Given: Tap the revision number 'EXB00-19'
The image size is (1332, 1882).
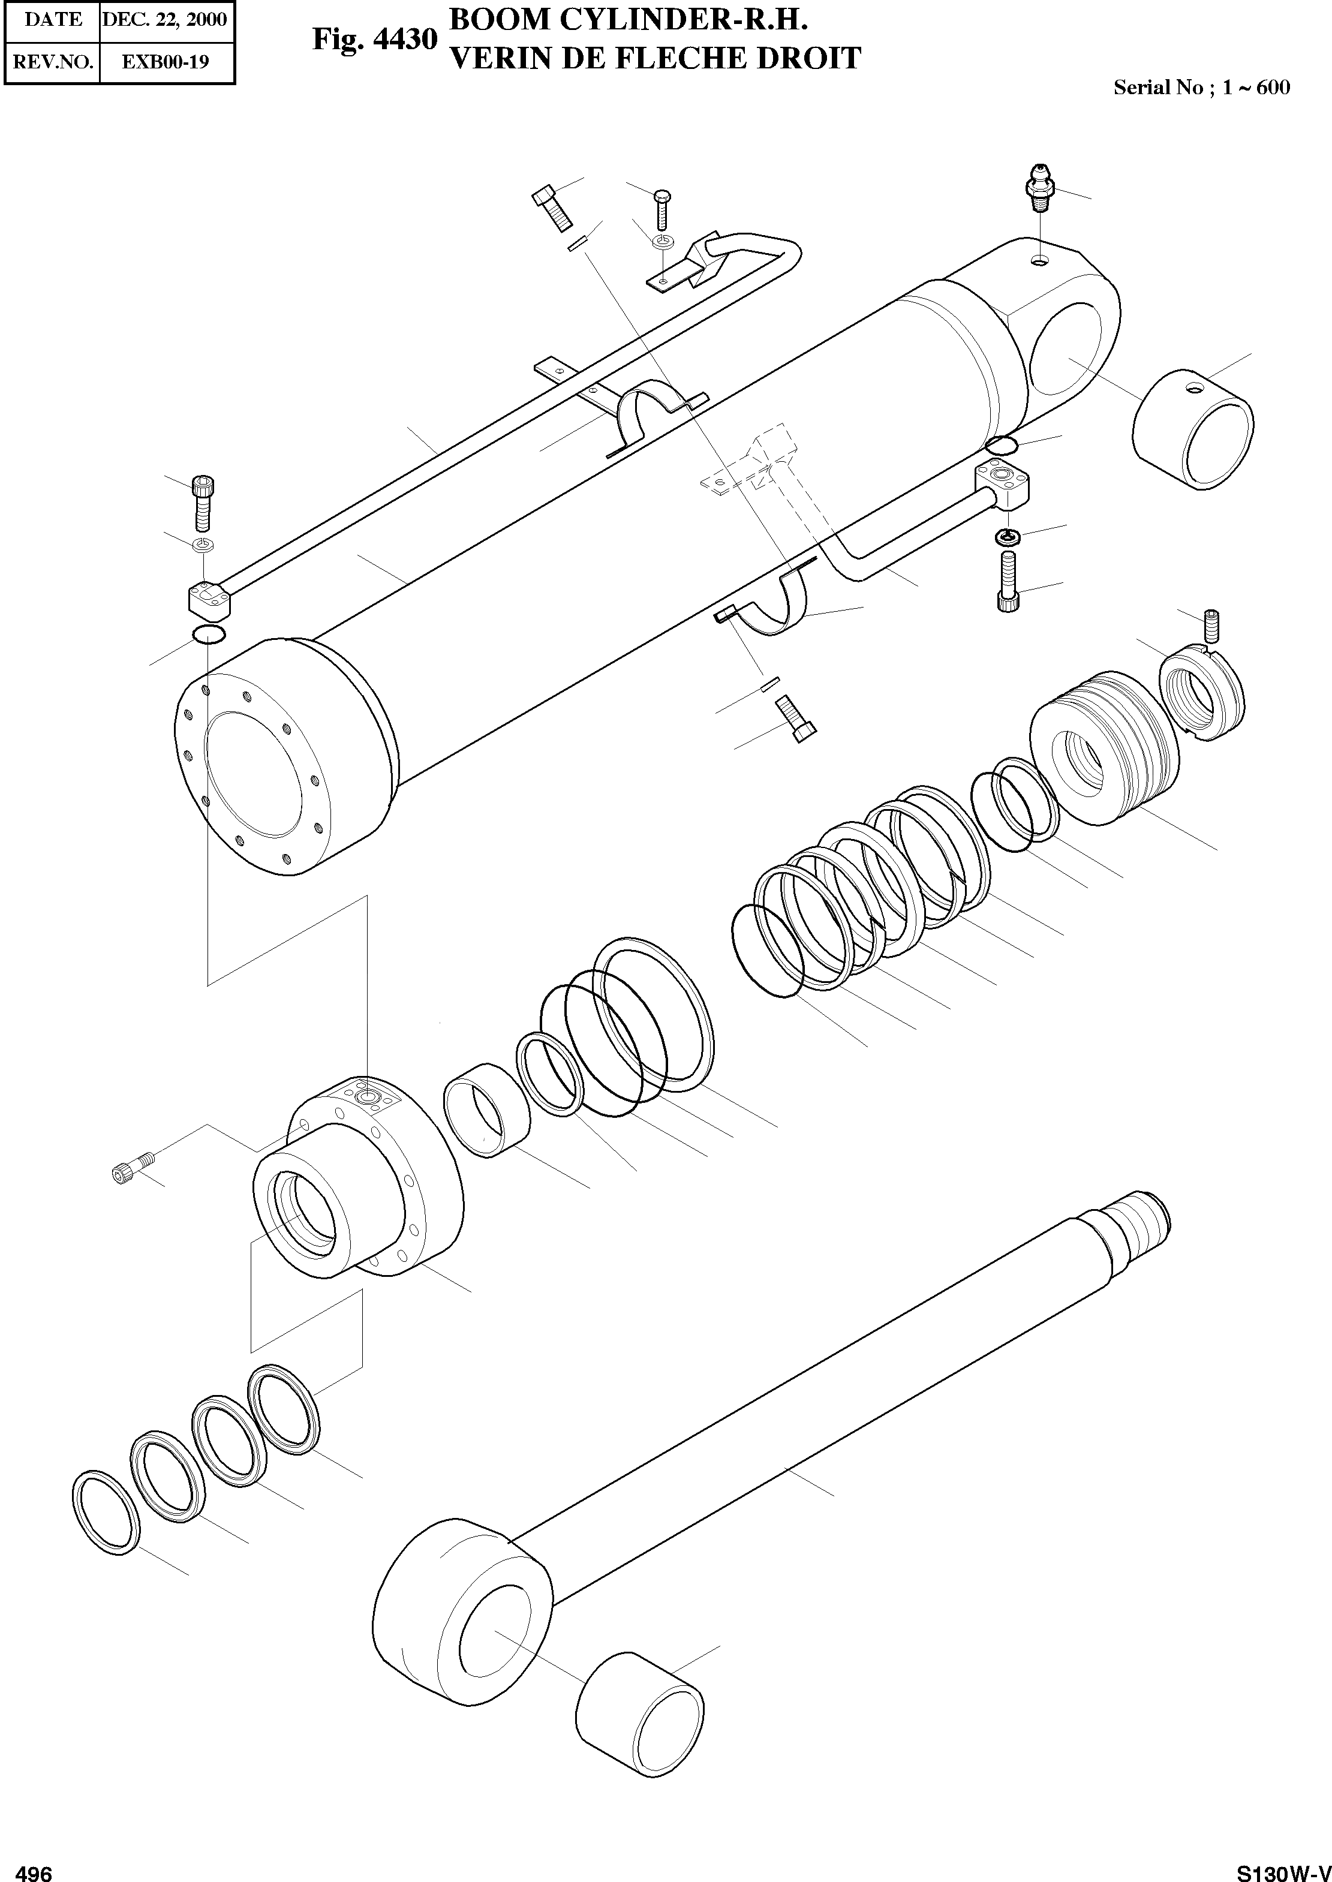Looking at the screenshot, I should (165, 62).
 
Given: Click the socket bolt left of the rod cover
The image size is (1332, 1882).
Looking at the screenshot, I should (131, 1168).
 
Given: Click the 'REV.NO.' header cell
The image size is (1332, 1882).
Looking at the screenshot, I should (53, 62).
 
